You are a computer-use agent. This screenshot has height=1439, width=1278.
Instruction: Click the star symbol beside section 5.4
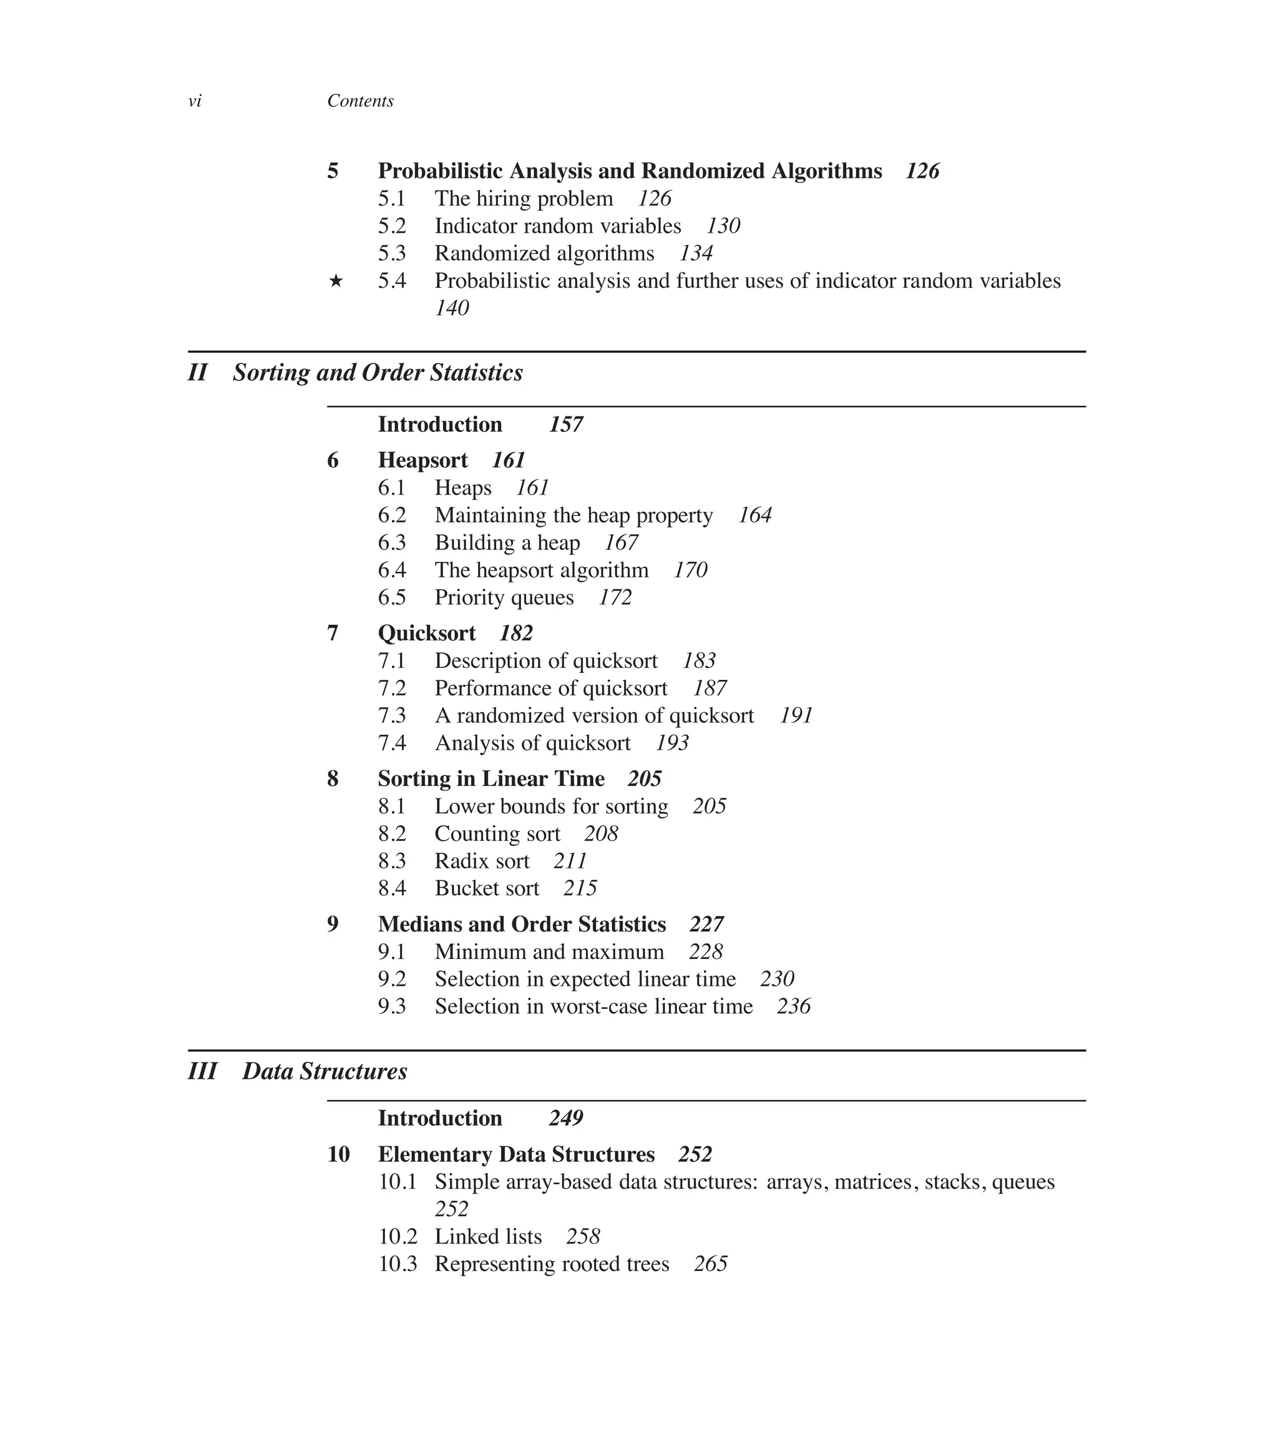tap(336, 282)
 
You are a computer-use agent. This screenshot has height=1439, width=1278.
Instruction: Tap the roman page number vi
tap(195, 101)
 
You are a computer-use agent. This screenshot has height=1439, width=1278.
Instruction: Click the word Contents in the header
tap(360, 101)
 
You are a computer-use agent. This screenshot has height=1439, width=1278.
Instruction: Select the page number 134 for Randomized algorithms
tap(696, 253)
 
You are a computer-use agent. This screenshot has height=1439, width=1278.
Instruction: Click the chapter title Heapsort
tap(422, 461)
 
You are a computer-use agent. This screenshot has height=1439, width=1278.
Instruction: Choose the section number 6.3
tap(392, 543)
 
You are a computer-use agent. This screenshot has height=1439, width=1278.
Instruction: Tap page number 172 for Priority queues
tap(615, 597)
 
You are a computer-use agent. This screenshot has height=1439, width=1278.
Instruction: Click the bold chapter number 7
tap(333, 634)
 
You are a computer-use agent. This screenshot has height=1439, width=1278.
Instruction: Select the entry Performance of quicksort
tap(551, 689)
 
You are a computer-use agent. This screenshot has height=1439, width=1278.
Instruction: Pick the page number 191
tap(796, 716)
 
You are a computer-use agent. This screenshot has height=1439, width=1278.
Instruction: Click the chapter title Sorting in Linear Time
tap(491, 779)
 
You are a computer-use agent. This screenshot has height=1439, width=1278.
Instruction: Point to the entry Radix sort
tap(482, 862)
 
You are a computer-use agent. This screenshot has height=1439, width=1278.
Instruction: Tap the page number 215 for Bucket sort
tap(580, 889)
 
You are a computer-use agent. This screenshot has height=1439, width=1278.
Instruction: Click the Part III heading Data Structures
tap(324, 1072)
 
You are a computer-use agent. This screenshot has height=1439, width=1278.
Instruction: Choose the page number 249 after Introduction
tap(566, 1119)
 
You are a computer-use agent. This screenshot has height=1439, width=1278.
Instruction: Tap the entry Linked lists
tap(488, 1237)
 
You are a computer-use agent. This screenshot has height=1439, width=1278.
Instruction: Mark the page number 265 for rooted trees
tap(710, 1264)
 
